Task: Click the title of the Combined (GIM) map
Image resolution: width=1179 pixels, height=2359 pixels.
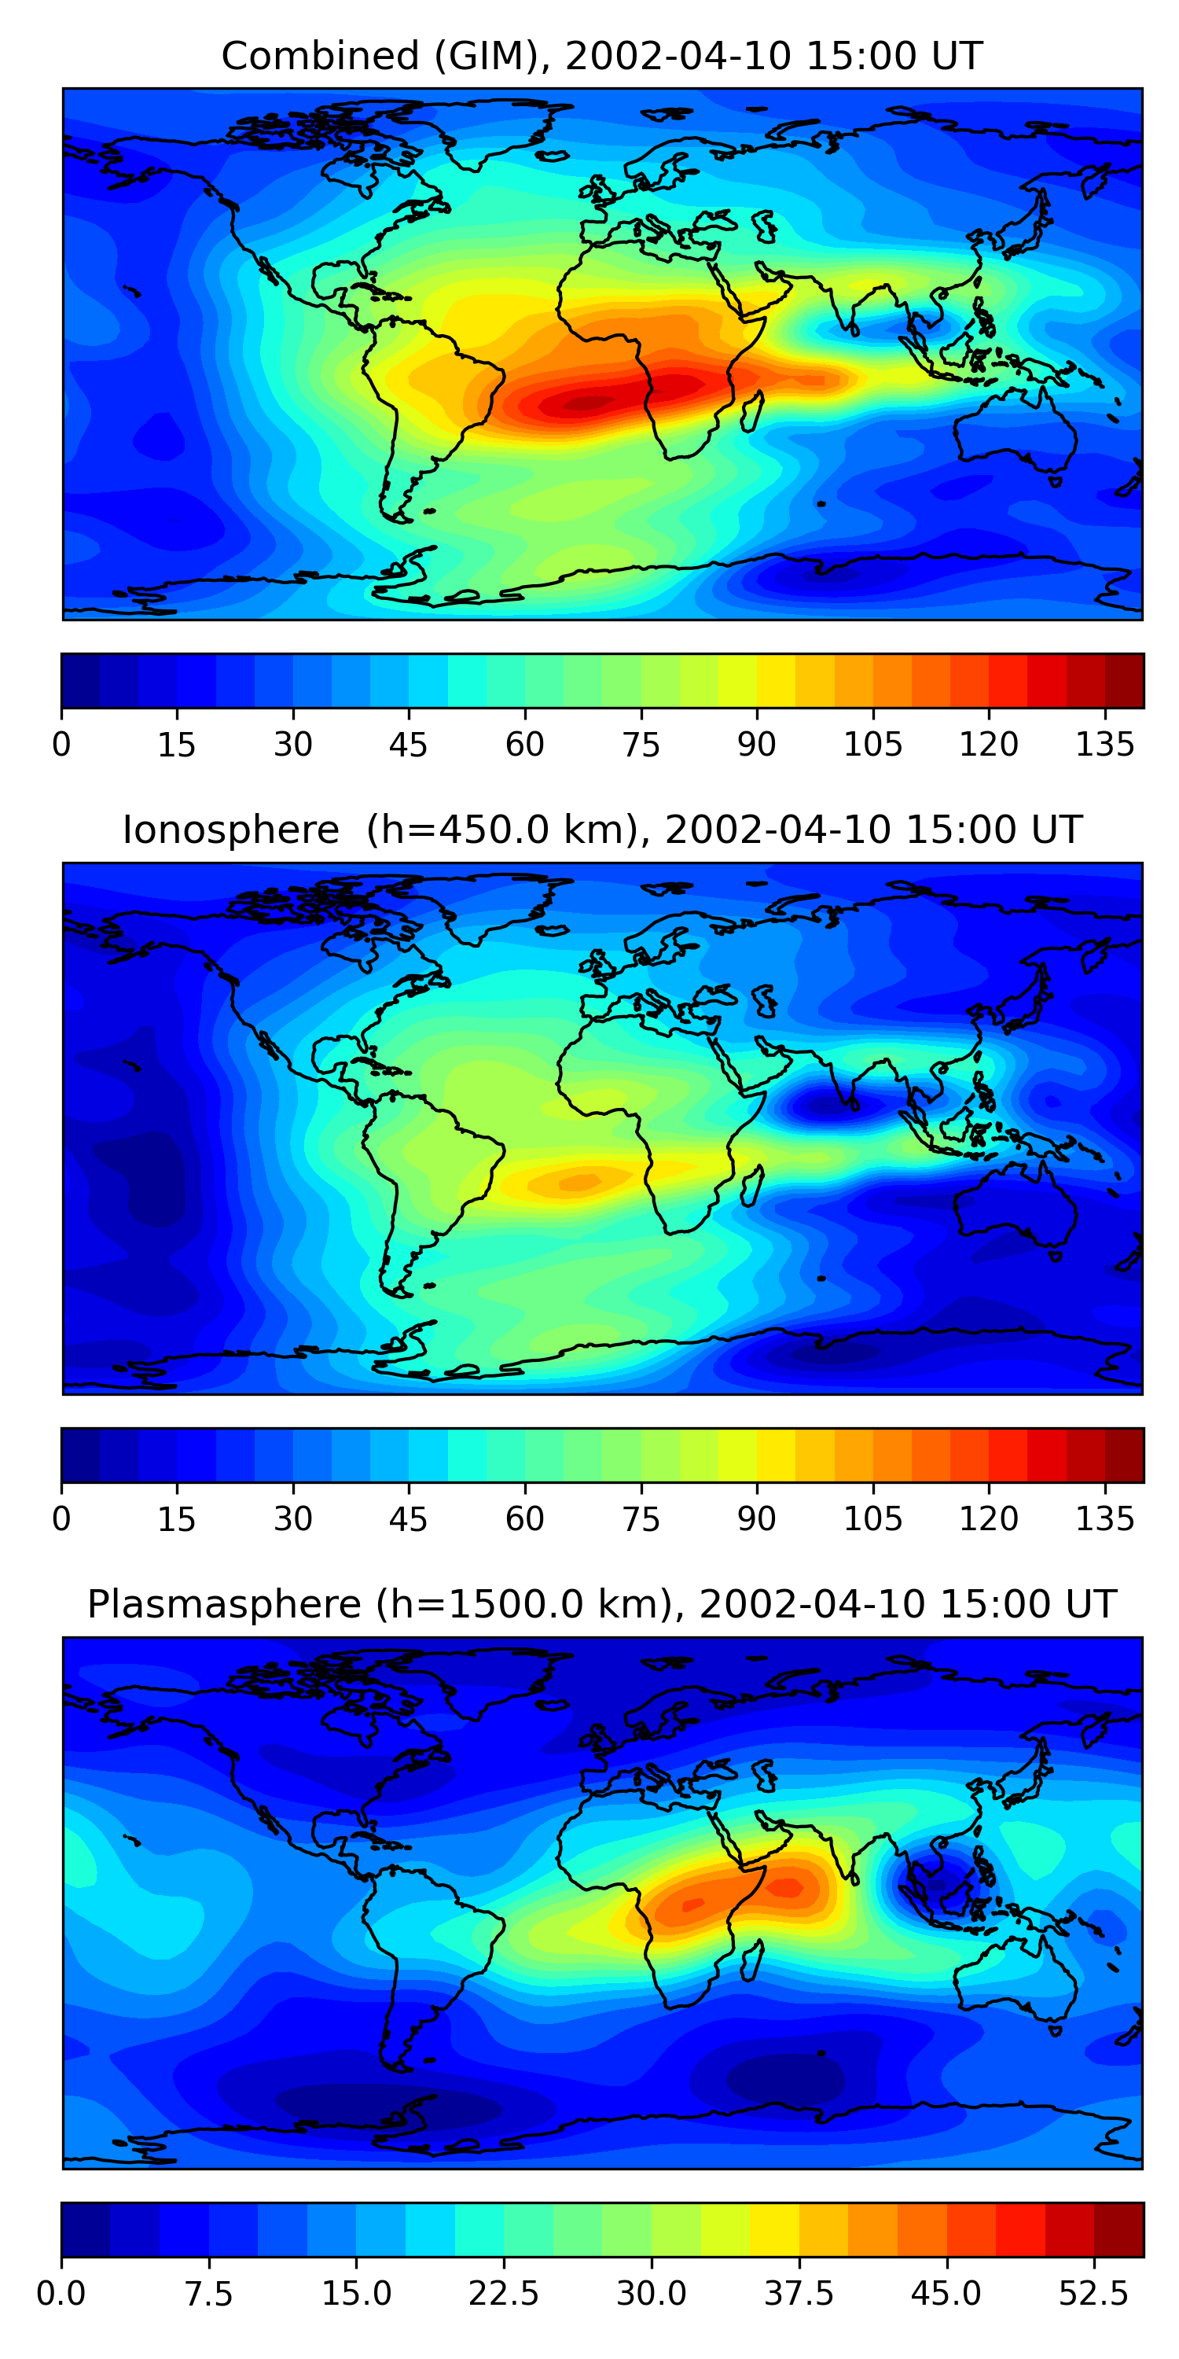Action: point(601,56)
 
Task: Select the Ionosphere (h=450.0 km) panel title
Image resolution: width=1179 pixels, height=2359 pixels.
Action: point(601,830)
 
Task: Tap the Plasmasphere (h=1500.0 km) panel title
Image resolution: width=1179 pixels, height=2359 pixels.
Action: point(601,1604)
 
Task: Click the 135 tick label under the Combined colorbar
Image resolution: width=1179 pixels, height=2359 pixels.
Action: point(1105,745)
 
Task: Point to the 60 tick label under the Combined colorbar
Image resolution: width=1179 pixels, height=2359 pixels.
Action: point(524,745)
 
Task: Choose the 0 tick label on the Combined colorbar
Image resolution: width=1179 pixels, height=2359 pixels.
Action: point(61,745)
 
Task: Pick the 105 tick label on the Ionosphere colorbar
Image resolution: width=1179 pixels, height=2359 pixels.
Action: point(872,1519)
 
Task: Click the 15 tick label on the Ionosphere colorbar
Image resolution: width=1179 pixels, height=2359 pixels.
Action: point(177,1519)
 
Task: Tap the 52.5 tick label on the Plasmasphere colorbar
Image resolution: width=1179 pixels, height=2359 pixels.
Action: point(1094,2294)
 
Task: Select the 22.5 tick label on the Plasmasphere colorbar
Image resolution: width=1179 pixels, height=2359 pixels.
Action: point(504,2294)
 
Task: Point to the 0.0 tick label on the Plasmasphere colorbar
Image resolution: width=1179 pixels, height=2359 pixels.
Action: point(61,2294)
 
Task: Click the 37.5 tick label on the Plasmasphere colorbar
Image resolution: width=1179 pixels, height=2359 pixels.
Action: point(799,2294)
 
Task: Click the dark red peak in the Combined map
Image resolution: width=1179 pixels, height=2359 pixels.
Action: point(586,402)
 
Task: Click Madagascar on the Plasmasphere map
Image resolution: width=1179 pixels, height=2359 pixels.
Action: point(752,1960)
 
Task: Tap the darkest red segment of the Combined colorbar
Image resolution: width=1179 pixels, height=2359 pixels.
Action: point(1124,680)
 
